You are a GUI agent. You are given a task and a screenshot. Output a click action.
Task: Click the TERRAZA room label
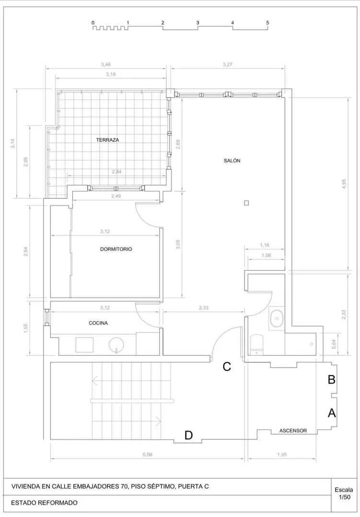(107, 140)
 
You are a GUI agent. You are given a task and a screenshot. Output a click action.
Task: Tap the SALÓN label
(232, 161)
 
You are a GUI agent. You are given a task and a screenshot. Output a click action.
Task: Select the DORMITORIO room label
(116, 249)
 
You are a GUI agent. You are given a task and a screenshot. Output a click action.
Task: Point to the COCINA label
(98, 323)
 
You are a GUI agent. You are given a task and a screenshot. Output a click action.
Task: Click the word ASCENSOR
(293, 431)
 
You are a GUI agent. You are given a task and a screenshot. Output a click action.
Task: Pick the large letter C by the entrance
(227, 367)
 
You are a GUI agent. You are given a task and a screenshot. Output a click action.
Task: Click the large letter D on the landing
(188, 436)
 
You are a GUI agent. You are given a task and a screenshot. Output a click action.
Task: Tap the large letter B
(331, 379)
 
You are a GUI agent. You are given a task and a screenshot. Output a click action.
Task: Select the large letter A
(331, 413)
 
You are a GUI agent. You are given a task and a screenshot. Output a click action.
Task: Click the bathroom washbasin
(277, 318)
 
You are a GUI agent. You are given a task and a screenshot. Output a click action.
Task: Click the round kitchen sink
(116, 345)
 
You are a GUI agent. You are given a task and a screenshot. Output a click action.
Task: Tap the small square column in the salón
(246, 203)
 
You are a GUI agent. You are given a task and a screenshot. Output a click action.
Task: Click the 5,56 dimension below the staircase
(148, 455)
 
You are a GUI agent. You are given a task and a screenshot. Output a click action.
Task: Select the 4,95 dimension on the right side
(344, 184)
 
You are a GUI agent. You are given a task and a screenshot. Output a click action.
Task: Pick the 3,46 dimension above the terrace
(106, 65)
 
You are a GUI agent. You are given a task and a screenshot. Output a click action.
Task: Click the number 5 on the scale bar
(267, 23)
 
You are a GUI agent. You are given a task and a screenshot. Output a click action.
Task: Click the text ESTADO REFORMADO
(44, 503)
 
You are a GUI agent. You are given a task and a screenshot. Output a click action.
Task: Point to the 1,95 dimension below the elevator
(282, 455)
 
